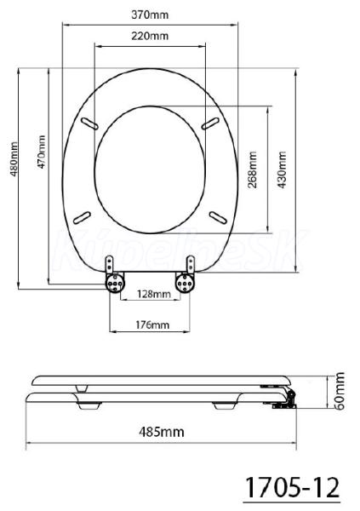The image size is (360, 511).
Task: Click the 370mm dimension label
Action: pos(150,14)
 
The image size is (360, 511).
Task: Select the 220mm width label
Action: pos(150,36)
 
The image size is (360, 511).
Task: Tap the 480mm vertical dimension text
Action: pos(14,158)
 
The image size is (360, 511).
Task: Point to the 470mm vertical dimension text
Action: pos(42,152)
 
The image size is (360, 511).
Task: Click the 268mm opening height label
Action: pos(252,169)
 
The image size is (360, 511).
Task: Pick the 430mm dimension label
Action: pos(281,169)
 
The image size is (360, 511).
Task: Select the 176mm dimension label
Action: pos(153,324)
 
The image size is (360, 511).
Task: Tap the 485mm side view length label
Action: pos(161,432)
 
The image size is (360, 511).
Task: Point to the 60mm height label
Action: pos(340,391)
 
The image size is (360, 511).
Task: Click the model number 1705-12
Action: pos(292,487)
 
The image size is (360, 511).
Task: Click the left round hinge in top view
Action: pos(115,283)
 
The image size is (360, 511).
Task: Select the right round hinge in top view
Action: pos(185,283)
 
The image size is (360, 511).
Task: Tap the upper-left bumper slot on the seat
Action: pos(90,123)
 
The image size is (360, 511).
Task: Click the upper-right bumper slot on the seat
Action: pos(209,123)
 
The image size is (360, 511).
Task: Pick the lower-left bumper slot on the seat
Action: pos(82,217)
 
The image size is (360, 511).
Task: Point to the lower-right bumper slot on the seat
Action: pos(218,217)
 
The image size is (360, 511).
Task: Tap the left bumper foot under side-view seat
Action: pos(89,406)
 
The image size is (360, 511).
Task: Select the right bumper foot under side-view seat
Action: pos(226,406)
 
